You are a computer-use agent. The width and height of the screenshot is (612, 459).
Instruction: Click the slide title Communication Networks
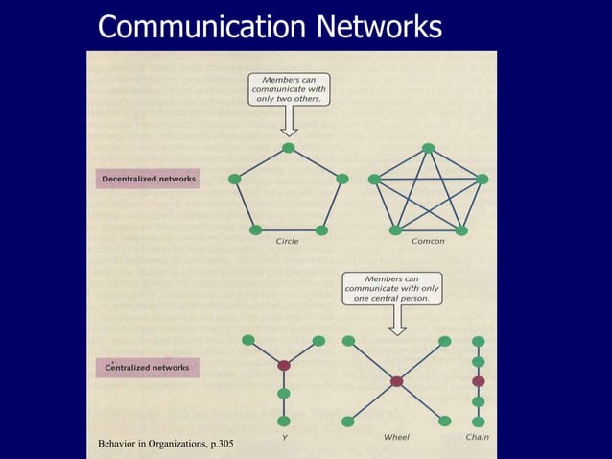270,27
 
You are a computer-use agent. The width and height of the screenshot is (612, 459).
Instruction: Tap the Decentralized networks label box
148,179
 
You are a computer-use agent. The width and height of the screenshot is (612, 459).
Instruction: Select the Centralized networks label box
147,368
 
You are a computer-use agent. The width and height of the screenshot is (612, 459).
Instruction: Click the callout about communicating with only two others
289,88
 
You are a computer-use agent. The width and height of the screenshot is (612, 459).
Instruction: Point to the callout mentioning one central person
392,288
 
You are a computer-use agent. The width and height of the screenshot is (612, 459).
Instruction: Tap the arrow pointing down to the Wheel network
396,321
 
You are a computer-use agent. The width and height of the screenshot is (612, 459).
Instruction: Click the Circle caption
287,241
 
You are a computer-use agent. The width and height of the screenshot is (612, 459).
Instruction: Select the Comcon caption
428,241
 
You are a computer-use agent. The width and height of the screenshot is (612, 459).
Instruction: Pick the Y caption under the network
284,437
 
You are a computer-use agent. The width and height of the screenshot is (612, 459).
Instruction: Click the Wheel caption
396,437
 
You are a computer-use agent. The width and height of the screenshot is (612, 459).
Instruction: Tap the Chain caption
477,437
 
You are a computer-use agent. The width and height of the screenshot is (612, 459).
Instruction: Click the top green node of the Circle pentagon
289,148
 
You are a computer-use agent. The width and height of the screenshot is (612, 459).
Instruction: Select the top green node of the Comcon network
428,148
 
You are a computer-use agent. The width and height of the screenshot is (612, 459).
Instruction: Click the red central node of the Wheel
396,381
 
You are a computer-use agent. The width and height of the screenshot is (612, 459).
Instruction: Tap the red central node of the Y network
284,366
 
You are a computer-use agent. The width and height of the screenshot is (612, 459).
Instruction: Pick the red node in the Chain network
479,381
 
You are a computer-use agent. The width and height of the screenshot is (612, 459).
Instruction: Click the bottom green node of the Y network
284,422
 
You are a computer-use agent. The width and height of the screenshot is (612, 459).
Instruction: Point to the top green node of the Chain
479,341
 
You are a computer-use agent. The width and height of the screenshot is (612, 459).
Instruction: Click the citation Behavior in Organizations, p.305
165,443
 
